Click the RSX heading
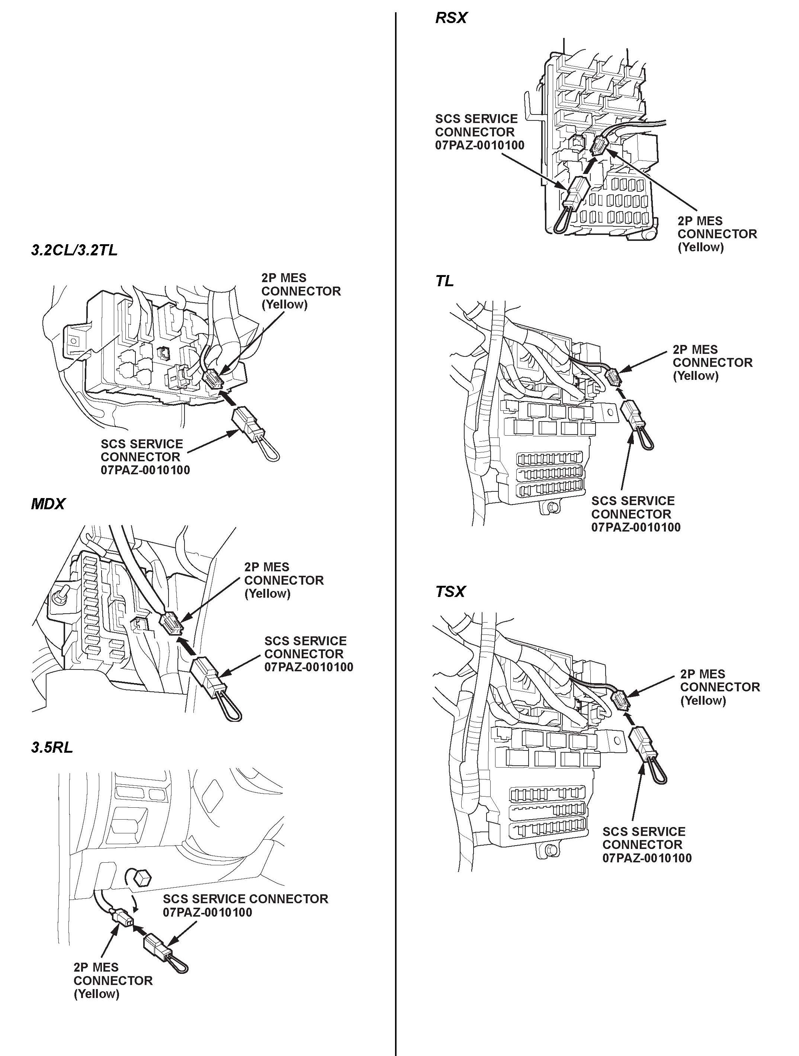450,18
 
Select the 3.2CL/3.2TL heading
74,250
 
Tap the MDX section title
47,504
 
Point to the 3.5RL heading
52,747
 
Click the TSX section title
450,592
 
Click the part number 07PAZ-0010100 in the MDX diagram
309,667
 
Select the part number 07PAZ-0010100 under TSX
646,858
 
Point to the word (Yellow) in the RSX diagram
700,247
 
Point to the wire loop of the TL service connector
643,439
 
